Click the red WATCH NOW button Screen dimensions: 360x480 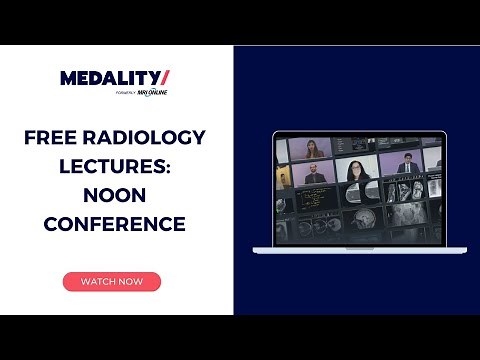pyautogui.click(x=111, y=282)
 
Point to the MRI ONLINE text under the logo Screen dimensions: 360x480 pyautogui.click(x=153, y=93)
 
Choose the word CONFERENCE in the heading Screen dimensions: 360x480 pyautogui.click(x=115, y=225)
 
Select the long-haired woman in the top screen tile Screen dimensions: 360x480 pyautogui.click(x=313, y=148)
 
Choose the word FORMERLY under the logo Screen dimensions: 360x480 pyautogui.click(x=126, y=93)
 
